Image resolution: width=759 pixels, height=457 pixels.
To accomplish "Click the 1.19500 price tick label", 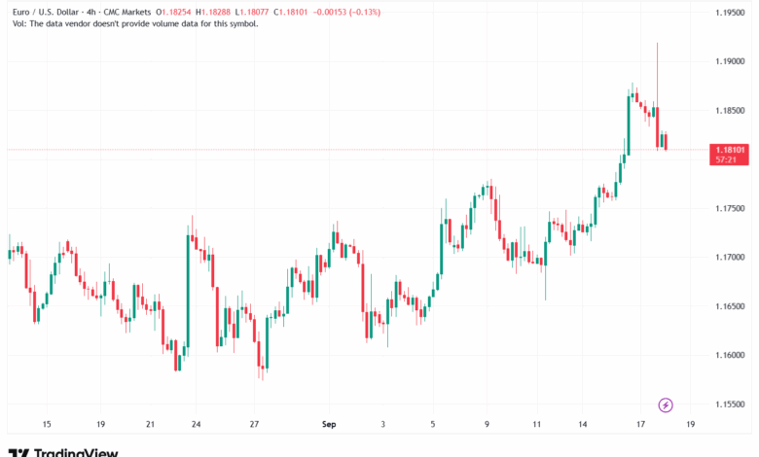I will point(730,12).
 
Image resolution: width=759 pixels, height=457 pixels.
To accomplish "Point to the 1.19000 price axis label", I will point(730,61).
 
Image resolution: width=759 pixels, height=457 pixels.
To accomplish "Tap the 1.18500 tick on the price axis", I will point(730,110).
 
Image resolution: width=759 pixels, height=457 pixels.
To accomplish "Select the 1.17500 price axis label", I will point(730,208).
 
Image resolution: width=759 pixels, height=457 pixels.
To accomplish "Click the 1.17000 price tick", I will point(730,257).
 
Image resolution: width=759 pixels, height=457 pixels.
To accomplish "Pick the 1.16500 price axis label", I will point(730,306).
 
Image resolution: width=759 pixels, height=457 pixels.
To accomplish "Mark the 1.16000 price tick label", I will point(730,355).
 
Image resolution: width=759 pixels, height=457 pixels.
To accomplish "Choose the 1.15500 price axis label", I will point(730,404).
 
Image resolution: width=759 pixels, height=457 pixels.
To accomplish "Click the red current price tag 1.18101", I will point(730,151).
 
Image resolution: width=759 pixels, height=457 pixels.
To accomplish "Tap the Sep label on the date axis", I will point(328,425).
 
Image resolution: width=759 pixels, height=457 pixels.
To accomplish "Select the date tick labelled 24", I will point(196,425).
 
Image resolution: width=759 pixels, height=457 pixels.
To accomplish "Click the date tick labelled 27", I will point(253,425).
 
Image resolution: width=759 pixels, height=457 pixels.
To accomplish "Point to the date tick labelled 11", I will point(536,425).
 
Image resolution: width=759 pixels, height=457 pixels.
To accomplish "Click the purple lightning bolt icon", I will point(666,404).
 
